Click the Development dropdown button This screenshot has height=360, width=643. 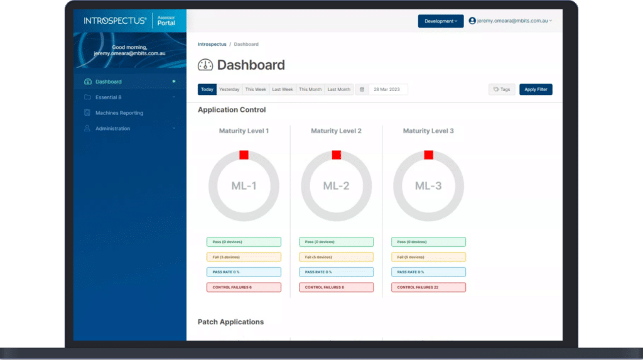tap(441, 21)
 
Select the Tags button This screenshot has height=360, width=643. tap(502, 90)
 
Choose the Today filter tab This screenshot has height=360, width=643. tap(207, 90)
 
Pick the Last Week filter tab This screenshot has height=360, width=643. tap(283, 90)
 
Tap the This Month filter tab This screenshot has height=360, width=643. tap(310, 90)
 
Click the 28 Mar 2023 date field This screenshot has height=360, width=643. tap(388, 90)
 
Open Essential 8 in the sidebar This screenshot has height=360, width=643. tap(109, 97)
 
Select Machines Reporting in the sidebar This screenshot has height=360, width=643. tap(119, 113)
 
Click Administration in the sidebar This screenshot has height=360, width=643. tap(113, 129)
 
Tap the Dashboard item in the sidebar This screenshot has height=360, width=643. tap(109, 82)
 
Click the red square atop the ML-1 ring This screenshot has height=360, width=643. tap(244, 155)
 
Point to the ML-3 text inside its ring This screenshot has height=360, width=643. tap(428, 186)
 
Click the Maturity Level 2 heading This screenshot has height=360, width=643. tap(336, 131)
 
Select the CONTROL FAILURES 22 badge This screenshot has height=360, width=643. tap(428, 287)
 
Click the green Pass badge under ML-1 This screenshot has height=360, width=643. tap(244, 242)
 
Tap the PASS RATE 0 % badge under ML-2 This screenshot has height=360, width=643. tap(336, 272)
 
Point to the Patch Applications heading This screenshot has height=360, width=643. tap(230, 322)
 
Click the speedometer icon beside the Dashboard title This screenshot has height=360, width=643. tap(205, 65)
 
